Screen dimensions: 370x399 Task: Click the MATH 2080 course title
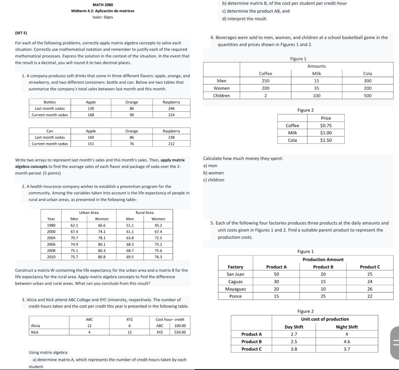[103, 4]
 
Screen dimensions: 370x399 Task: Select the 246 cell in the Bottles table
[171, 108]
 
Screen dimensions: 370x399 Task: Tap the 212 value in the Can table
[171, 144]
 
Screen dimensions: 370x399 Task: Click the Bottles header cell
[50, 102]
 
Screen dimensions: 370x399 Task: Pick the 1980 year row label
[51, 225]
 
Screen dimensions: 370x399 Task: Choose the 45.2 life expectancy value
[159, 225]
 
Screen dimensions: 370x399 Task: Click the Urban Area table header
[89, 212]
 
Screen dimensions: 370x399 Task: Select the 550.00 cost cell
[179, 332]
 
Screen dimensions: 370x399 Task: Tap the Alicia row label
[36, 326]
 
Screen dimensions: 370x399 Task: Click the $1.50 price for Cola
[326, 140]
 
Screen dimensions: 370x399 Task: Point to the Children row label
[222, 96]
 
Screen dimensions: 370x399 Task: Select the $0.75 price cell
[326, 125]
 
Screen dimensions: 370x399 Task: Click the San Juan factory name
[235, 274]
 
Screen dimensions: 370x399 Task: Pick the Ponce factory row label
[235, 296]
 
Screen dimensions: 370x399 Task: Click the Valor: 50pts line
[103, 17]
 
